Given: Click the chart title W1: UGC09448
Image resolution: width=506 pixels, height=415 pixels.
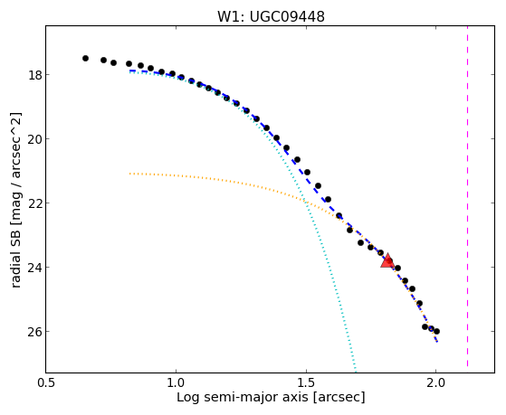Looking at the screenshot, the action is [x=271, y=17].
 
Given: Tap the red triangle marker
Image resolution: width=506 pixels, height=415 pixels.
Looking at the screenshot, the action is [x=387, y=261].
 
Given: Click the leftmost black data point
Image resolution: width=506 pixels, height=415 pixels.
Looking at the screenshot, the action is [x=85, y=59].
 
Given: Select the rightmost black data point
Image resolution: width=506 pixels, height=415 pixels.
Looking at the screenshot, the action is [x=436, y=331].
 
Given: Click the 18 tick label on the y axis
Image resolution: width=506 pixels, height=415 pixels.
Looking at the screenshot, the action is [x=34, y=75].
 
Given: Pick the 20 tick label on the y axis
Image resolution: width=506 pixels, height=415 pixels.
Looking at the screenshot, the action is [x=34, y=139].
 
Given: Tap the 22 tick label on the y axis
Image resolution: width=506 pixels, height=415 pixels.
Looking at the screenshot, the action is [x=34, y=203].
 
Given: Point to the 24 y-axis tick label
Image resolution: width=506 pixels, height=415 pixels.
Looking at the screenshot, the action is [x=34, y=268].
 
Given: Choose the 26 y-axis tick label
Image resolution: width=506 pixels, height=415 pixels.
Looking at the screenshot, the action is [x=34, y=332].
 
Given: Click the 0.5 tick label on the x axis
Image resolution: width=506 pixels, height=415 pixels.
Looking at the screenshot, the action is [x=46, y=383].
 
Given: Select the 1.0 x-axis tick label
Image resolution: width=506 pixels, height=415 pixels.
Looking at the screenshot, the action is [x=176, y=383].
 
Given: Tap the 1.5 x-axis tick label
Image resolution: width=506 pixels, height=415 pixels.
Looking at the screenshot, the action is [x=306, y=383].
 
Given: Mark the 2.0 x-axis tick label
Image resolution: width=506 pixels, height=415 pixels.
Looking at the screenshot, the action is [x=436, y=383].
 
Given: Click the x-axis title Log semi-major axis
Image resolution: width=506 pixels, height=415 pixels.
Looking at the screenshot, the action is [x=243, y=397].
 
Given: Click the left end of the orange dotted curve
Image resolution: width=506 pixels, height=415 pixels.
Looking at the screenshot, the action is [x=129, y=174].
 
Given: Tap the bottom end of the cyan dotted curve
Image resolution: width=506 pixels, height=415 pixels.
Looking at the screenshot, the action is [x=356, y=372].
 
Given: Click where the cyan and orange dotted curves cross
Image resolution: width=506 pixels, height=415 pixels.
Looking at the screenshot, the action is [x=304, y=202].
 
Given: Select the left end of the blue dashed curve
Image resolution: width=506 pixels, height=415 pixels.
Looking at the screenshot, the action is [x=129, y=71].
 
